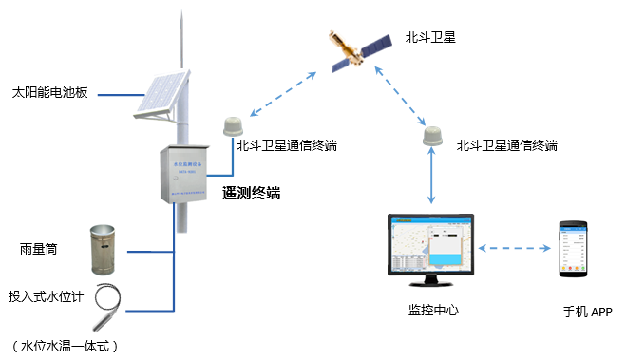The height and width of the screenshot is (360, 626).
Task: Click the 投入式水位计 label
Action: click(47, 296)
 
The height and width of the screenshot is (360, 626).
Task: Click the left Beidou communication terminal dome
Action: click(233, 126)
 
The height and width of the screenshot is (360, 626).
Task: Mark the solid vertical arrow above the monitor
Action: click(433, 179)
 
